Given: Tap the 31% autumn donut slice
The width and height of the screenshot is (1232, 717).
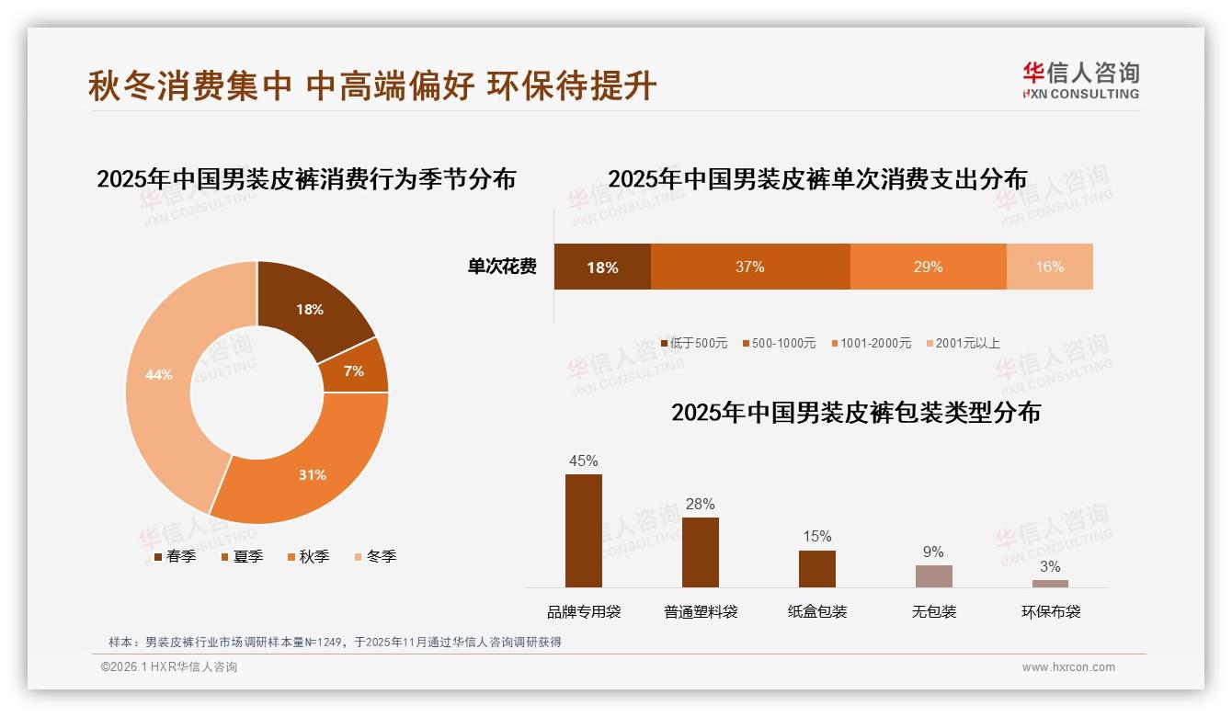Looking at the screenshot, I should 313,474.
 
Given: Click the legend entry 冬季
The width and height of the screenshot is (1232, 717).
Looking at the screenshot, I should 374,556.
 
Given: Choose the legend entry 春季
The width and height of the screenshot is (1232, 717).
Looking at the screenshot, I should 174,556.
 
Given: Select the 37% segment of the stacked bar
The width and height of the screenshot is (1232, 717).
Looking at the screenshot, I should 749,267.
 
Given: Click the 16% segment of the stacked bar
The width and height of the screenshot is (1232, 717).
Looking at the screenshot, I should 1049,267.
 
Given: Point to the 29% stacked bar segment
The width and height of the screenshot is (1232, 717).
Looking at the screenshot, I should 928,267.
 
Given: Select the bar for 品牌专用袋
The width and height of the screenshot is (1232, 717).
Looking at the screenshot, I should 584,530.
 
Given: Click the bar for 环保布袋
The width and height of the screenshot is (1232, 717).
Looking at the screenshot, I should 1050,583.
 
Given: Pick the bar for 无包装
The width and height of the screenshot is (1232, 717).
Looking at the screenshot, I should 933,575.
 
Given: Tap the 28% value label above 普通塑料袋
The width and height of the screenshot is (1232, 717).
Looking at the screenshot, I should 700,504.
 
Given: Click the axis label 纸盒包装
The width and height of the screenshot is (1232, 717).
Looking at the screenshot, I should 817,611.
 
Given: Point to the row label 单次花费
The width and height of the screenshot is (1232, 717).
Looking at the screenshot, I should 502,267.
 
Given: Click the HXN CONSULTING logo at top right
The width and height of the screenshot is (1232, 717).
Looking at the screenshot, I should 1080,81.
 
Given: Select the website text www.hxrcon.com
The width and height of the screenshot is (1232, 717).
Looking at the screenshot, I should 1068,667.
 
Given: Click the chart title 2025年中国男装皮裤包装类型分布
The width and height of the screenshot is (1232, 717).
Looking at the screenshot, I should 855,413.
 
